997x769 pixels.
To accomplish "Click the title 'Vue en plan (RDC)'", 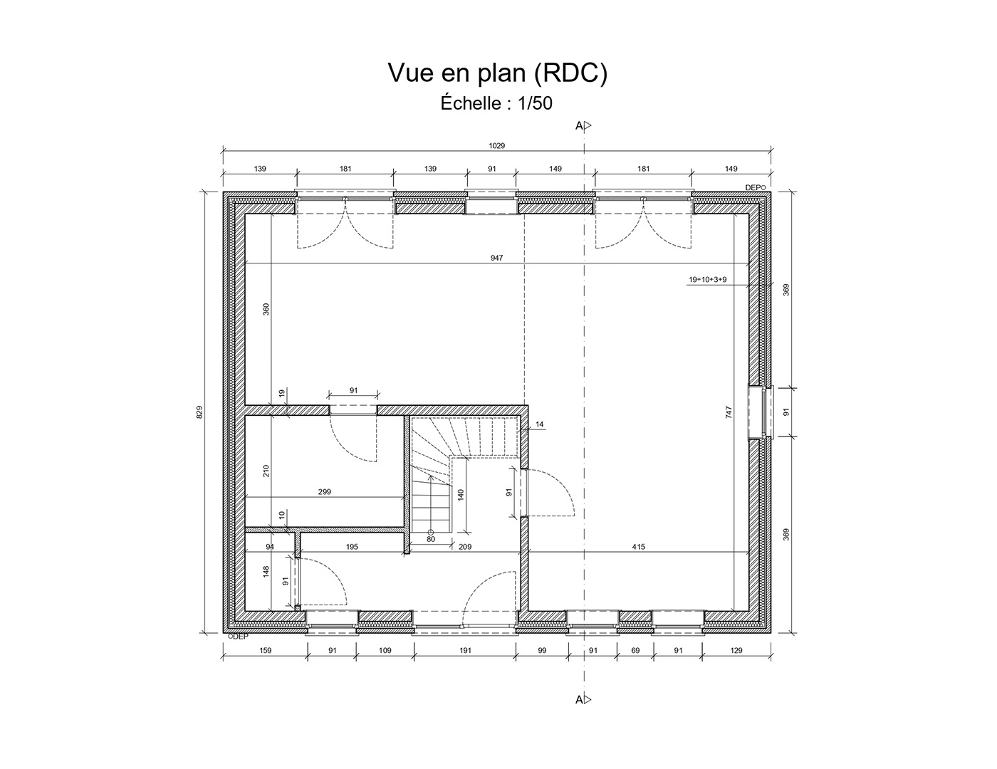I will (497, 73).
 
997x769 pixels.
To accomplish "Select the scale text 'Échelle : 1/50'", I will (496, 104).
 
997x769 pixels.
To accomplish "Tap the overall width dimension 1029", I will (496, 146).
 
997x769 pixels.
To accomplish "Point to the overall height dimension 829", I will (200, 412).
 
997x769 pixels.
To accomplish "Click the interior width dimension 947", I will (496, 258).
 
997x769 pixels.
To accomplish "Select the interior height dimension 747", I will (729, 412).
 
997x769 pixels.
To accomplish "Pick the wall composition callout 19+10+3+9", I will (707, 280).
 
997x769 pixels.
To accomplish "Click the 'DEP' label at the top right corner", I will (755, 187).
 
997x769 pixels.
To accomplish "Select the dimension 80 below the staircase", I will (431, 539).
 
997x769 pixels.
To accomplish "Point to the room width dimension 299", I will (325, 492).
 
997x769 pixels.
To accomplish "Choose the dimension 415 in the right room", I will (638, 547).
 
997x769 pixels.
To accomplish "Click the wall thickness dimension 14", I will (539, 424).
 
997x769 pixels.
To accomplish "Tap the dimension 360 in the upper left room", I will (266, 309).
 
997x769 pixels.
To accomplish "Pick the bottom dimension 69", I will (635, 650).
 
